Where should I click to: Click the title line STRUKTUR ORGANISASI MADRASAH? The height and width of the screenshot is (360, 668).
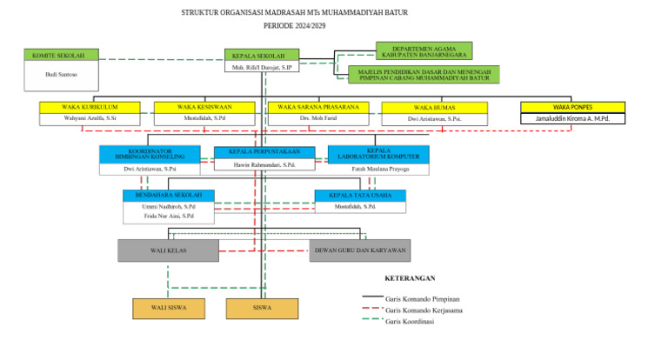[294, 13]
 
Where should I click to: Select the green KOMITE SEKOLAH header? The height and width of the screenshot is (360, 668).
[61, 55]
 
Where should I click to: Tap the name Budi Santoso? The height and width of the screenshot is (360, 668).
[61, 75]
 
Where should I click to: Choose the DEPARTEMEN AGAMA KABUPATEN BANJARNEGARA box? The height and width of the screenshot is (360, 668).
[424, 51]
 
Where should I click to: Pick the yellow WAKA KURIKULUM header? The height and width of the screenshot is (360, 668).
[90, 107]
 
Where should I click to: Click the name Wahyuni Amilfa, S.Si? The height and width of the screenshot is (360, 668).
[90, 118]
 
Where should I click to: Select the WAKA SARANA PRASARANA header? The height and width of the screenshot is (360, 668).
[317, 107]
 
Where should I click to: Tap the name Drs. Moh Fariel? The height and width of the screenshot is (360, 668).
[317, 118]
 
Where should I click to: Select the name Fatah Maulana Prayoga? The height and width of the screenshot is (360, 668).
[378, 169]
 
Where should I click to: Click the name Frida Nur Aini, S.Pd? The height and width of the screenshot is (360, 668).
[169, 217]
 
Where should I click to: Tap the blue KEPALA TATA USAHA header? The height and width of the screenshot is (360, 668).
[359, 195]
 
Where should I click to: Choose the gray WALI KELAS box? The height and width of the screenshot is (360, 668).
[169, 250]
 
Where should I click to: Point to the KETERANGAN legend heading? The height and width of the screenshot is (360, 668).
[409, 278]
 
